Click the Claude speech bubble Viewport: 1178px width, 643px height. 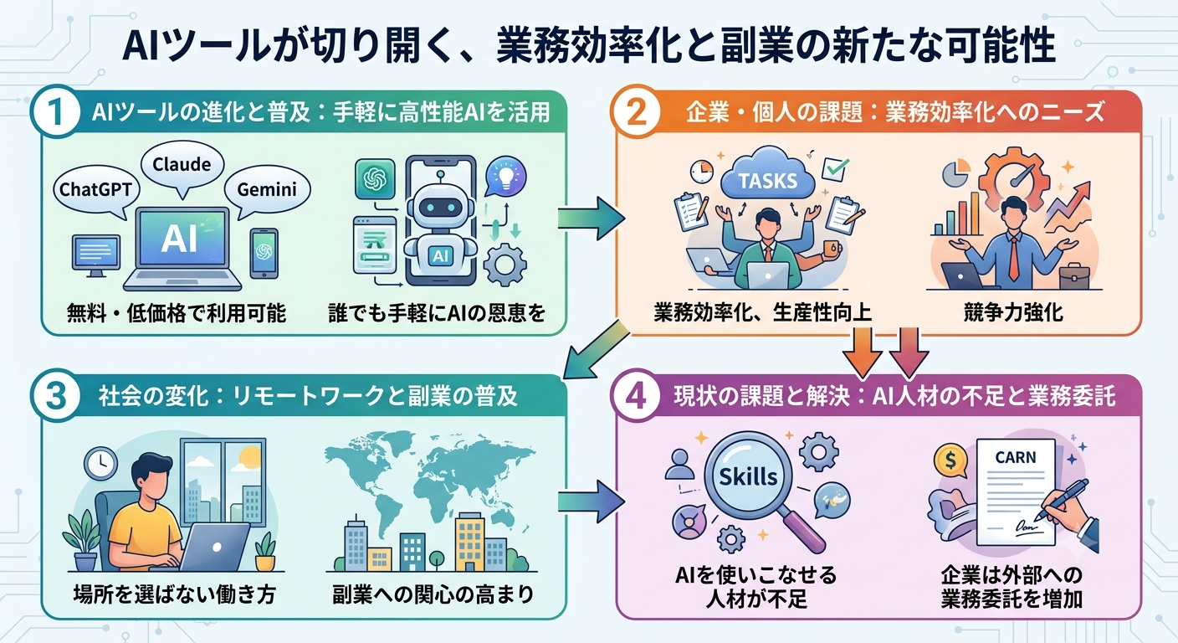tap(182, 167)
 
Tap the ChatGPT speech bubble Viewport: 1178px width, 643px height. tap(95, 191)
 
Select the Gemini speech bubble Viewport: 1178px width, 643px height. tap(267, 191)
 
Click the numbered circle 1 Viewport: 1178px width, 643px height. tap(56, 111)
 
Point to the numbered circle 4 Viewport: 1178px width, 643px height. tap(637, 396)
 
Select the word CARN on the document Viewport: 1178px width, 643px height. tap(1016, 457)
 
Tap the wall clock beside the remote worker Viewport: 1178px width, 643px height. tap(100, 463)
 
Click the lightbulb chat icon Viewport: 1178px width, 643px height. tap(505, 177)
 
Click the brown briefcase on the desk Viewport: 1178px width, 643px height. tap(1074, 276)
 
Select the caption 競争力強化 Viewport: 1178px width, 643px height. tap(1013, 312)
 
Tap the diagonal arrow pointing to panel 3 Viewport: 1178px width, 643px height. tap(596, 351)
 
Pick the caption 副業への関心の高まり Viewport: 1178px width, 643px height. tap(433, 594)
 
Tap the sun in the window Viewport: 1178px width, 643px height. tap(248, 457)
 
